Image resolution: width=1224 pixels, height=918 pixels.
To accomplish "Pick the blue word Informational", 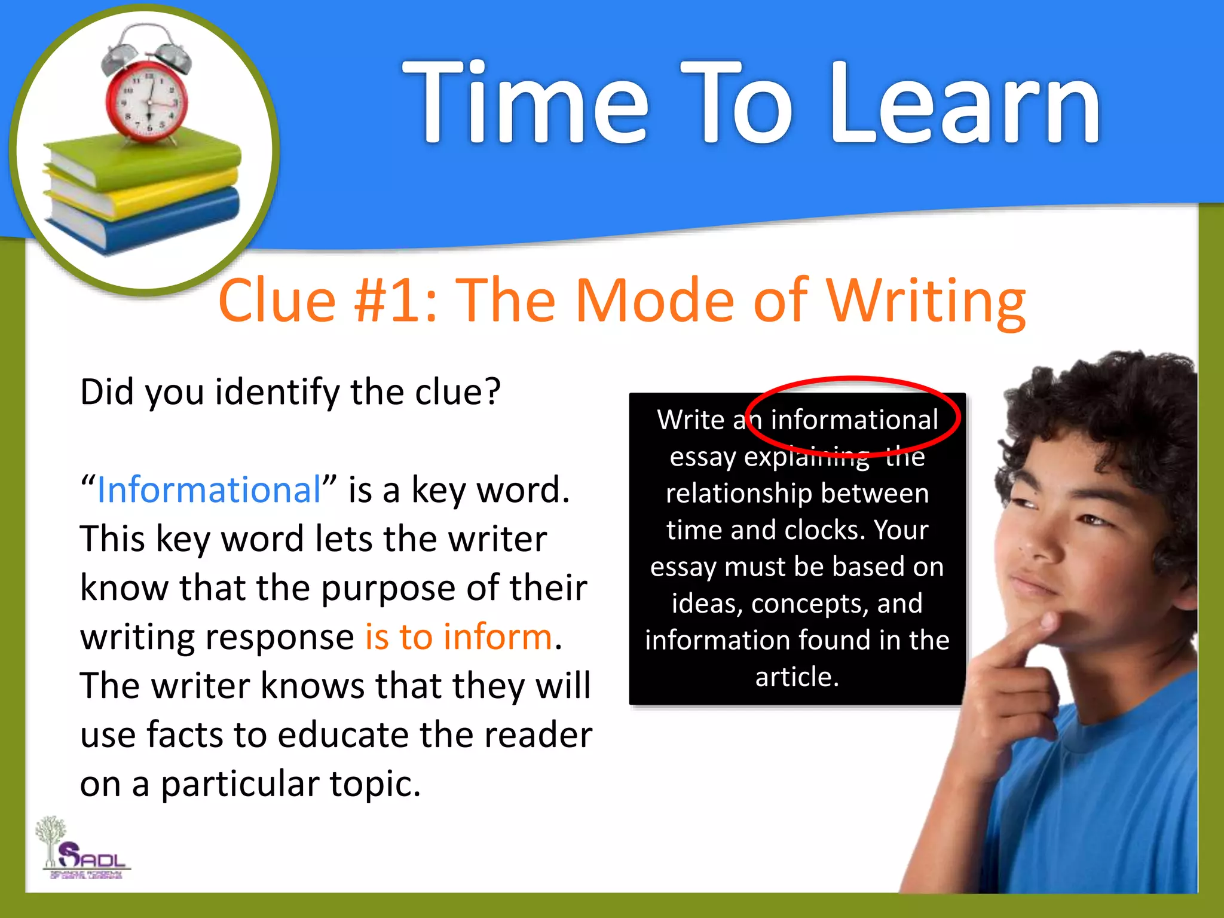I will point(209,490).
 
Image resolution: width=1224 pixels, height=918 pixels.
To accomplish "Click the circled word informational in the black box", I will point(854,420).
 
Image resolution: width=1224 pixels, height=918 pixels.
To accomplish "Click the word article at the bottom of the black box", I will point(797,677).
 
